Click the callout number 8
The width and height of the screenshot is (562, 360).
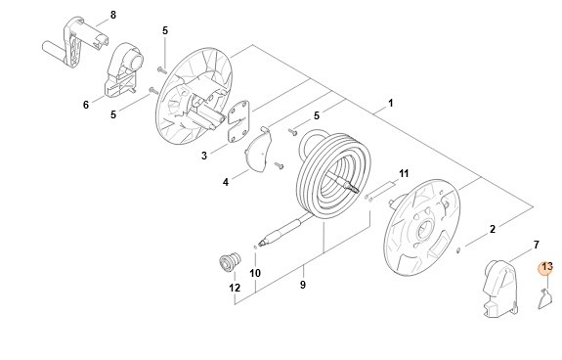click(113, 15)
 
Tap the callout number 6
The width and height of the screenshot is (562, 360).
click(86, 105)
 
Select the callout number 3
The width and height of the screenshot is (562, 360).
click(204, 156)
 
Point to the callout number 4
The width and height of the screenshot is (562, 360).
click(226, 182)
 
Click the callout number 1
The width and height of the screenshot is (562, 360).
click(391, 104)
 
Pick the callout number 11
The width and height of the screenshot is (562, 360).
click(404, 173)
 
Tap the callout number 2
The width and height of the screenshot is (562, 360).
click(493, 229)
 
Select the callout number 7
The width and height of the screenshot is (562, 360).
click(537, 245)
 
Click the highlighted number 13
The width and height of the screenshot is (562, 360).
click(547, 267)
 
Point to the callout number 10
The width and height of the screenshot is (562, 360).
click(255, 273)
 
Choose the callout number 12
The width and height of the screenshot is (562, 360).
click(235, 288)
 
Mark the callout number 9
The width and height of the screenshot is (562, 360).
click(303, 285)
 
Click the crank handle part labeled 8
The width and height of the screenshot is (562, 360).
click(75, 42)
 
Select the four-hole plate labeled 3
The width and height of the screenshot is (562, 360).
click(238, 121)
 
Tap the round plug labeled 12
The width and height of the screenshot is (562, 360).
click(230, 262)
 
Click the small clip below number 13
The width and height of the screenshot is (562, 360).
click(545, 298)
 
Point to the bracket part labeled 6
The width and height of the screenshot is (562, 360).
click(123, 69)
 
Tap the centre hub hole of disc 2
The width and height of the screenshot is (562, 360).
click(426, 228)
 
